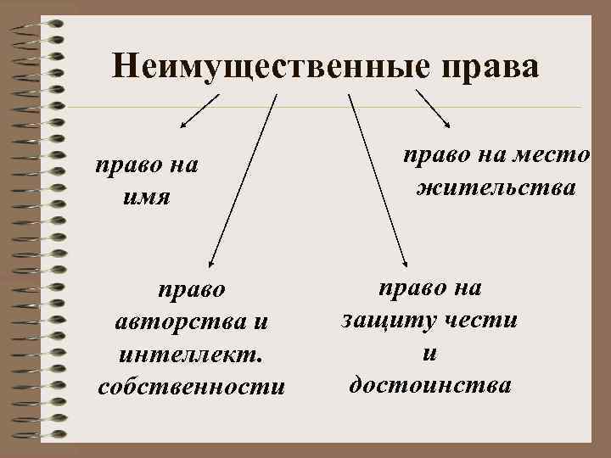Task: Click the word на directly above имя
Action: click(180, 164)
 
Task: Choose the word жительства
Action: click(496, 185)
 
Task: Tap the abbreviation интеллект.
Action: click(191, 354)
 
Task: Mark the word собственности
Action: click(191, 386)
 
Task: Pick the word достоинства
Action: click(430, 385)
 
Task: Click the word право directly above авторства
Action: click(192, 290)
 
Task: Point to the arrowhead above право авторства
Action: click(212, 262)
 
